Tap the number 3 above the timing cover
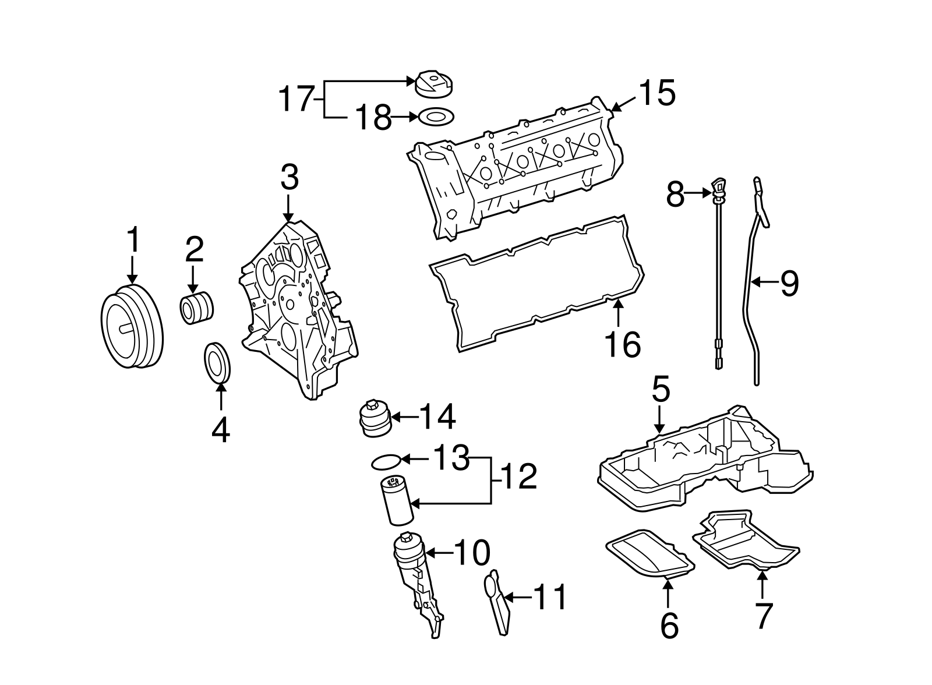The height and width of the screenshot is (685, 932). [290, 178]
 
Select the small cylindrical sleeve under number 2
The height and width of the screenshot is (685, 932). [196, 308]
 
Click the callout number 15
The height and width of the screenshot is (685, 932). [657, 93]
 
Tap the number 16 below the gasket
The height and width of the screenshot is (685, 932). [622, 344]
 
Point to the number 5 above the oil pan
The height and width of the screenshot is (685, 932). [661, 390]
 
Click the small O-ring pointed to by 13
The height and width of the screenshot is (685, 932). [386, 462]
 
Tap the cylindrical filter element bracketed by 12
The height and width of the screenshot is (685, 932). [396, 499]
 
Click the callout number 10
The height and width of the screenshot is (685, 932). [472, 553]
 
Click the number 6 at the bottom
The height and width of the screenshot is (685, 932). [670, 626]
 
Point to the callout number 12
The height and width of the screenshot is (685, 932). [518, 478]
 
